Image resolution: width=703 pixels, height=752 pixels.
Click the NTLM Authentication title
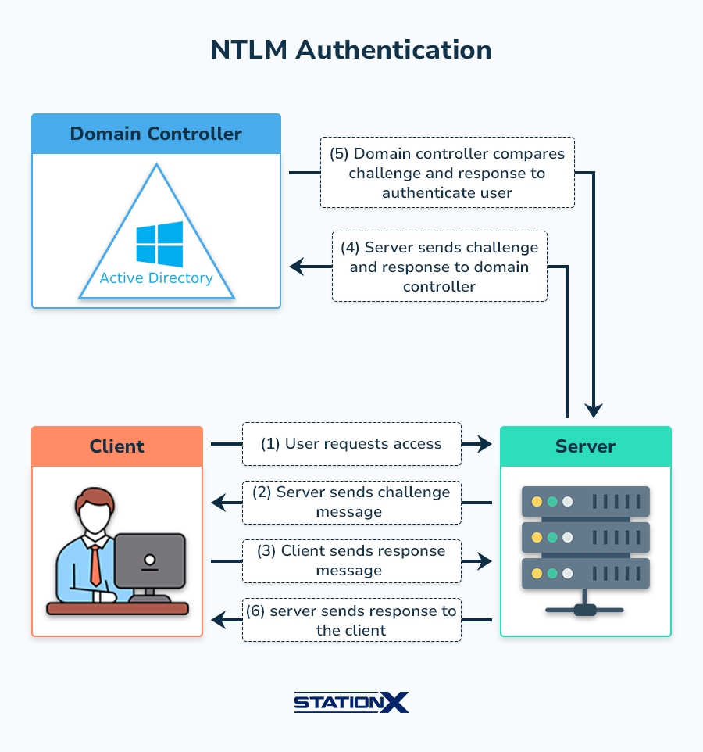point(351,50)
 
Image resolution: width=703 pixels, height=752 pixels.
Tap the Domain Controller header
point(155,134)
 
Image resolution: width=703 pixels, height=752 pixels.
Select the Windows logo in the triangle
point(159,244)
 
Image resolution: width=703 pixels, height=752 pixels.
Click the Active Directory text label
point(156,278)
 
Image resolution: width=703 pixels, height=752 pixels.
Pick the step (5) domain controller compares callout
point(447,173)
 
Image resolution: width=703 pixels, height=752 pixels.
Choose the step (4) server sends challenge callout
point(439,267)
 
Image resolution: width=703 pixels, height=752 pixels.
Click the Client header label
point(117,446)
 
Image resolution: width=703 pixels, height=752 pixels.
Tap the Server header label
point(585,446)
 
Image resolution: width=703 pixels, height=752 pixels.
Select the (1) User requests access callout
point(351,444)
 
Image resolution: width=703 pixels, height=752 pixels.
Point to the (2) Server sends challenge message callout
point(351,502)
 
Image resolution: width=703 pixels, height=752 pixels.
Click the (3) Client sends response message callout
point(351,560)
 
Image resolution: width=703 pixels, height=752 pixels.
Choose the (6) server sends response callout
point(351,620)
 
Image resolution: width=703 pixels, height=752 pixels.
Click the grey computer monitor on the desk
point(149,560)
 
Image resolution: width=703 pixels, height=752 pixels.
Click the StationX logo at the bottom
point(351,702)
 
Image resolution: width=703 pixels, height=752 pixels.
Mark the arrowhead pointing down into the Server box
point(594,410)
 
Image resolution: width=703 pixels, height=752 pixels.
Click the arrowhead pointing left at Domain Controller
point(296,267)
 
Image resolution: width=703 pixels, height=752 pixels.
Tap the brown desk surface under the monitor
point(117,608)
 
